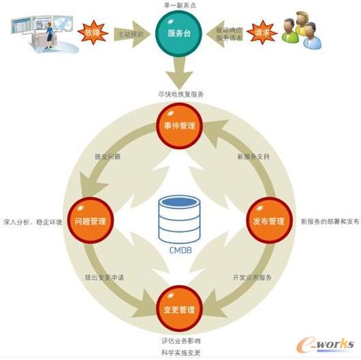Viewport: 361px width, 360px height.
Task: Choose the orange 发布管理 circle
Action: tap(268, 221)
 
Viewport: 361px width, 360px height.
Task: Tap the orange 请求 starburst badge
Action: tap(261, 32)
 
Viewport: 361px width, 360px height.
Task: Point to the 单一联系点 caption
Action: tap(180, 5)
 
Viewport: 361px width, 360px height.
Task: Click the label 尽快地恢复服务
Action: tap(180, 94)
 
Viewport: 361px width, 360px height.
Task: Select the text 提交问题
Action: tap(108, 156)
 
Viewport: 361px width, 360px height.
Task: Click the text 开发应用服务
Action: tap(252, 278)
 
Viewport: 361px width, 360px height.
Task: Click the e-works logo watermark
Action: tap(327, 340)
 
